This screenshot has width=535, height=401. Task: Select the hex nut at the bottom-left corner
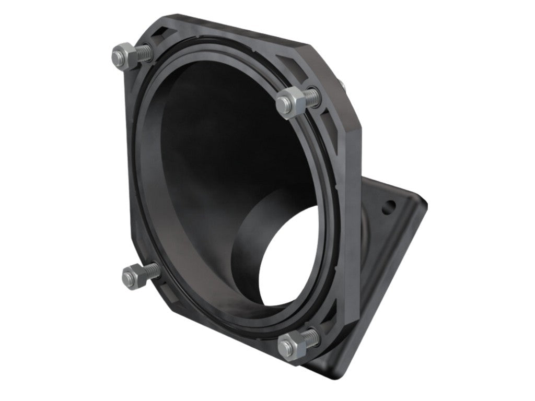pos(134,276)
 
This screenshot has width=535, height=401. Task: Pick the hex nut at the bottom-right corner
pos(290,345)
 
